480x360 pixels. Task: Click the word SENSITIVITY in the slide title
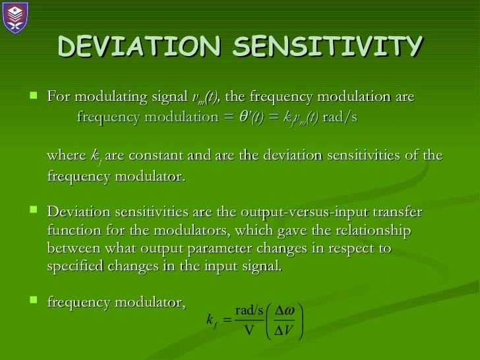pos(328,47)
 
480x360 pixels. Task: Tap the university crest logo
pos(16,17)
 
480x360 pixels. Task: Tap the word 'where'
pos(67,156)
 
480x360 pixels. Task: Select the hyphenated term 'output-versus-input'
pos(285,212)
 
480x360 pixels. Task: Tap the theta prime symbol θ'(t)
pos(256,117)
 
